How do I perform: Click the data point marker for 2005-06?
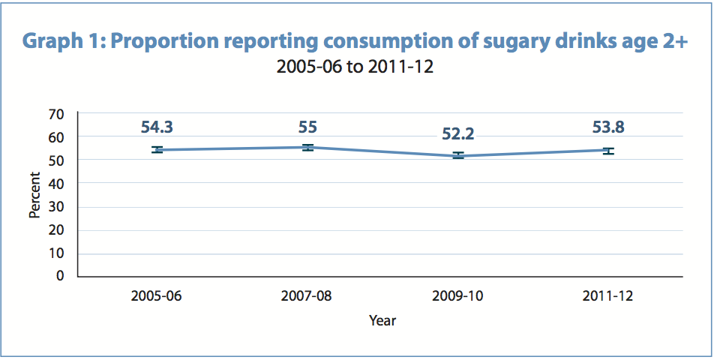coord(157,150)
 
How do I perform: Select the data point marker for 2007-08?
coord(307,147)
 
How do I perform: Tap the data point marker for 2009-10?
coord(457,155)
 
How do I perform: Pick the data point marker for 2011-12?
coord(608,151)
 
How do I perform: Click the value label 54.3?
coord(157,127)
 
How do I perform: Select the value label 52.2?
coord(457,134)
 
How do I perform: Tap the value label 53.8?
coord(608,127)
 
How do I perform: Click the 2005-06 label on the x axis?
coord(157,295)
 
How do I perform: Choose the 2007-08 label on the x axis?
coord(307,295)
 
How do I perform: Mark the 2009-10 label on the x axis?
coord(457,295)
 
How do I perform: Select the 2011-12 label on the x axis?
coord(608,295)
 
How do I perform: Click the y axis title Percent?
coord(34,195)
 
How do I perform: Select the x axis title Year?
coord(382,321)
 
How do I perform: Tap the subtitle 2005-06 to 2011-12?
coord(355,67)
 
